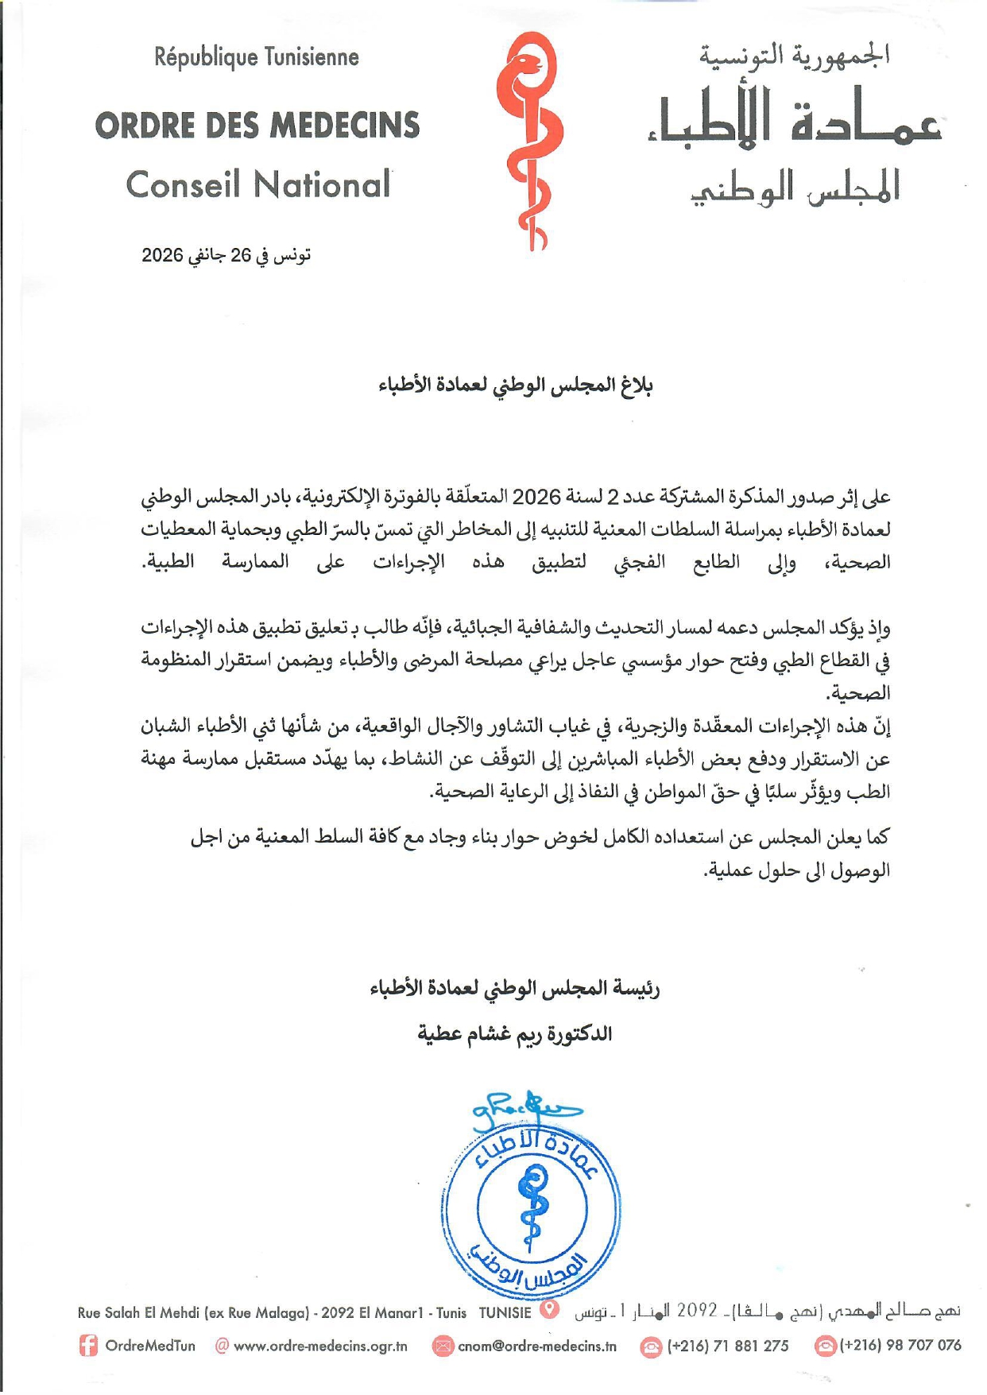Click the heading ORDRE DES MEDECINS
pyautogui.click(x=257, y=126)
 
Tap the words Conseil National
pyautogui.click(x=258, y=185)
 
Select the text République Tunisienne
pyautogui.click(x=257, y=57)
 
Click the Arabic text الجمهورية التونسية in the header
pyautogui.click(x=794, y=55)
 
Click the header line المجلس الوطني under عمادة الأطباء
pyautogui.click(x=795, y=188)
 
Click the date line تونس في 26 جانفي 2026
pyautogui.click(x=226, y=255)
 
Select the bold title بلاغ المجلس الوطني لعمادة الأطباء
pyautogui.click(x=515, y=386)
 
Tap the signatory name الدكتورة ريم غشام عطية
pyautogui.click(x=515, y=1034)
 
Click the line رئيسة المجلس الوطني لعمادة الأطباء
pyautogui.click(x=515, y=989)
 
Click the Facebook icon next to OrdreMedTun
pyautogui.click(x=88, y=1346)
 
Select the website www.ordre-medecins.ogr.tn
pyautogui.click(x=320, y=1346)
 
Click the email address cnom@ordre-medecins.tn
pyautogui.click(x=537, y=1346)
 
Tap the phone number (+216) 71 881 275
pyautogui.click(x=728, y=1346)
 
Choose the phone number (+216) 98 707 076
pyautogui.click(x=900, y=1346)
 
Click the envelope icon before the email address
pyautogui.click(x=443, y=1346)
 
